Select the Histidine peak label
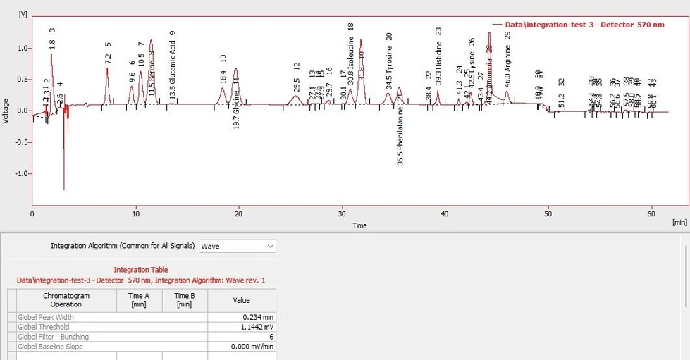point(438,66)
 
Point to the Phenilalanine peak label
point(400,137)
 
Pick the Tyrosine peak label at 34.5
point(389,69)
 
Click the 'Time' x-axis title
point(359,225)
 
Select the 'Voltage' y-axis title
point(6,111)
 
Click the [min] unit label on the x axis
point(679,223)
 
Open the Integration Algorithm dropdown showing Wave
point(238,247)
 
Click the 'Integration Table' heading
point(140,270)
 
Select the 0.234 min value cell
point(241,317)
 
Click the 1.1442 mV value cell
point(241,327)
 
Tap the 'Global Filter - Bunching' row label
point(54,337)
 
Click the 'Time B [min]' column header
point(184,300)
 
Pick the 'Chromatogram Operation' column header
point(66,300)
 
